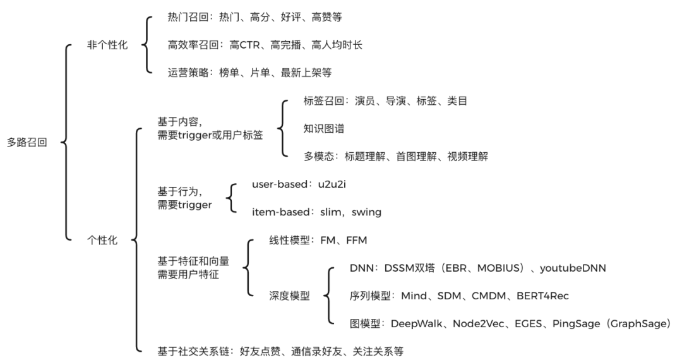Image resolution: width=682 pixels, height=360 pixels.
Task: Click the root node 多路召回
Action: tap(27, 142)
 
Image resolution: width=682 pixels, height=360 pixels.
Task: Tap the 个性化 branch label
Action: tap(102, 240)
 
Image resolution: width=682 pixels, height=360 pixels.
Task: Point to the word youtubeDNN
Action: tap(574, 268)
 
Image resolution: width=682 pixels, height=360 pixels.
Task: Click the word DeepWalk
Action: tap(419, 323)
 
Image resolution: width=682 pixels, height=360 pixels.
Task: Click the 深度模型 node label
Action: tap(289, 296)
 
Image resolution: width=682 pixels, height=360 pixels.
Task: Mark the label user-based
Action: tap(275, 185)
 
